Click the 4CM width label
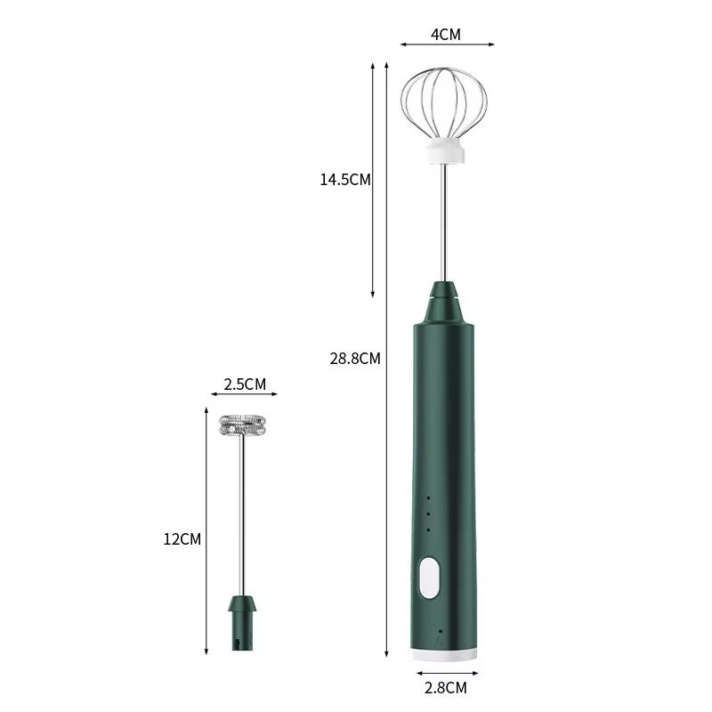tap(446, 35)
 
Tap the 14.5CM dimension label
tap(345, 179)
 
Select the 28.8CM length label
tap(355, 359)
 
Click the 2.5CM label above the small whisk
tap(245, 384)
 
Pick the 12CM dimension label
tap(182, 538)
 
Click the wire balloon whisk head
tap(445, 102)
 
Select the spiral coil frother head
tap(243, 425)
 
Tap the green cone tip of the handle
tap(445, 303)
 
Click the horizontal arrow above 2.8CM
tap(445, 673)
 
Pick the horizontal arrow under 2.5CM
tap(243, 395)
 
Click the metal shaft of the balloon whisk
tap(445, 222)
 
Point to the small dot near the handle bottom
tap(440, 631)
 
